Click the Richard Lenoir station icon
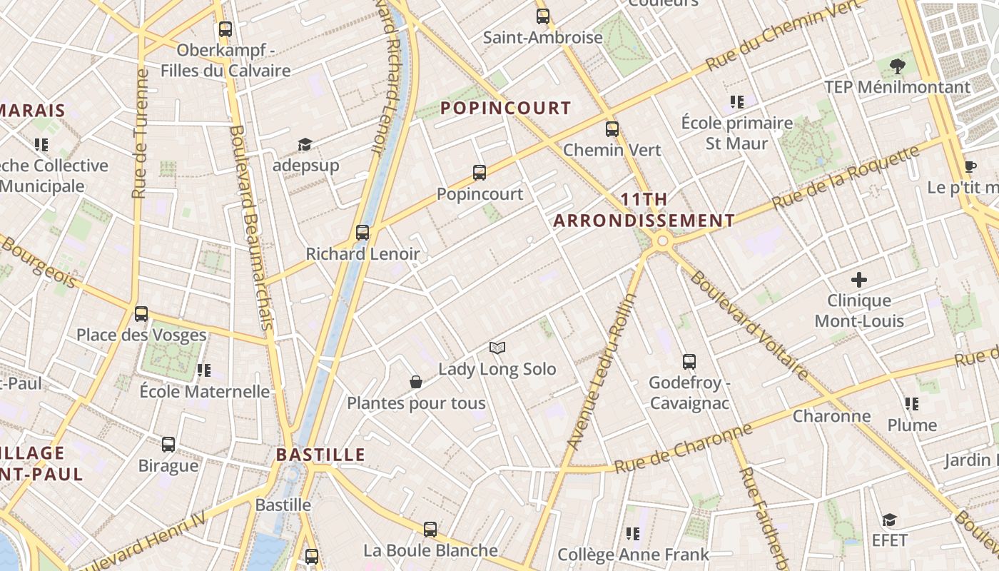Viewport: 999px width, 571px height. point(362,233)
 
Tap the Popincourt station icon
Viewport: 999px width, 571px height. point(480,173)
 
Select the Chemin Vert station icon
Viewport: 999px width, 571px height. point(612,129)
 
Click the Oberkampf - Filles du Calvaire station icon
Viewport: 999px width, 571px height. point(225,29)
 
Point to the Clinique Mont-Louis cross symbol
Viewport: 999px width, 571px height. point(859,280)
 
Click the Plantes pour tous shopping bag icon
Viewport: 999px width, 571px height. point(416,383)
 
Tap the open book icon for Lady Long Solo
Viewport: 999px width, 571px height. point(497,348)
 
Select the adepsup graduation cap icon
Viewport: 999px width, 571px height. point(305,145)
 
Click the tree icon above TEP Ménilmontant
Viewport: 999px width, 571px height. point(898,67)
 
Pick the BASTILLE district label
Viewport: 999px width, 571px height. point(320,455)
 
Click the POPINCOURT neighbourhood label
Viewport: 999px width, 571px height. point(506,108)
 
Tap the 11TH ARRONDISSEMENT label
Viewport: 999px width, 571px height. point(644,211)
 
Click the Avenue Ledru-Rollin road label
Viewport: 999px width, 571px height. point(602,372)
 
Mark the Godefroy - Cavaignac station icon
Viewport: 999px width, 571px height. point(689,362)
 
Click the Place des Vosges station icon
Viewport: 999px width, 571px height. point(141,314)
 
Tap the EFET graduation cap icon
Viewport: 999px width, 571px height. point(889,520)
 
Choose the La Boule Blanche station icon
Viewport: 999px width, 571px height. point(430,530)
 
